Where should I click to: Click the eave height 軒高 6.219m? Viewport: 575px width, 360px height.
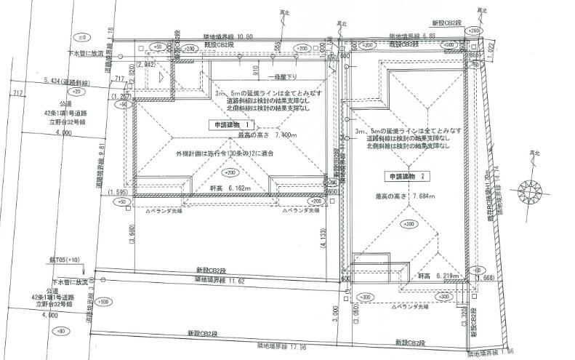tap(438, 277)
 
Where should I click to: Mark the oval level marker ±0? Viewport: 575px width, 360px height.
tap(82, 36)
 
